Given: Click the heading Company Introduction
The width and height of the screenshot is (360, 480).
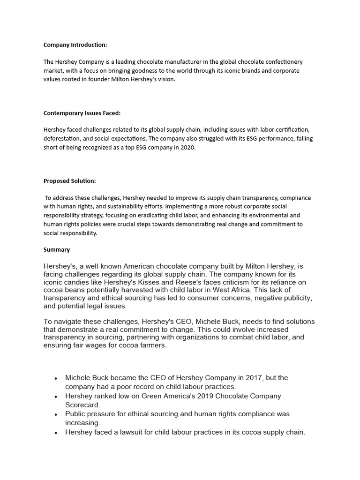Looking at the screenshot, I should tap(75, 45).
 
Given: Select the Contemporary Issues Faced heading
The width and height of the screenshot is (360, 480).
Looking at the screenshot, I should tap(82, 113).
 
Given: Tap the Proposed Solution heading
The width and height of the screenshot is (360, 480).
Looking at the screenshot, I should tap(69, 181).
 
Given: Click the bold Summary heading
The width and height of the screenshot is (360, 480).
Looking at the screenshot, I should tap(57, 250).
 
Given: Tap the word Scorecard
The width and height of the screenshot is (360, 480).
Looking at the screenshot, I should tap(82, 405).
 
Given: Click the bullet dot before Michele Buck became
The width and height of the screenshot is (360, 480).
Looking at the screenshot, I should tap(56, 378).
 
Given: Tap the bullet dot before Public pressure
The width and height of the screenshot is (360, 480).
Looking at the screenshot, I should tap(56, 414).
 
